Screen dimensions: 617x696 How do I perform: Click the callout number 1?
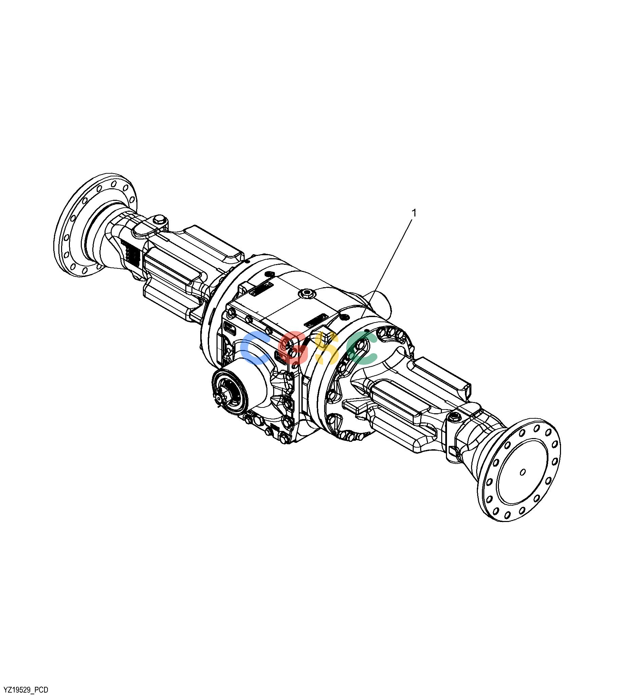pos(414,213)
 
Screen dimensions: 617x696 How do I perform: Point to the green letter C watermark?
pos(361,348)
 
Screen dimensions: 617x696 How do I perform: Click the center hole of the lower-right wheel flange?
pos(523,472)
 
